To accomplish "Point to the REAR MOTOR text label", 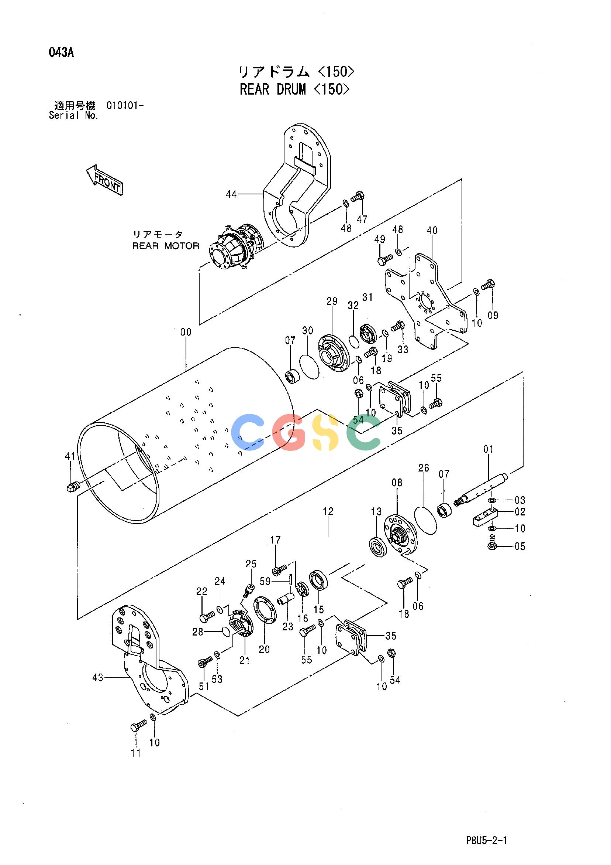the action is [166, 246].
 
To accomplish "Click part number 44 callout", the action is [231, 194].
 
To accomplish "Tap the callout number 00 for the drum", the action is [186, 332].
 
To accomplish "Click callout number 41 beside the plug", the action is [70, 457].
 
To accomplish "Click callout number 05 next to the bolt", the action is [519, 546].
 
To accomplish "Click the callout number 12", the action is [328, 511].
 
